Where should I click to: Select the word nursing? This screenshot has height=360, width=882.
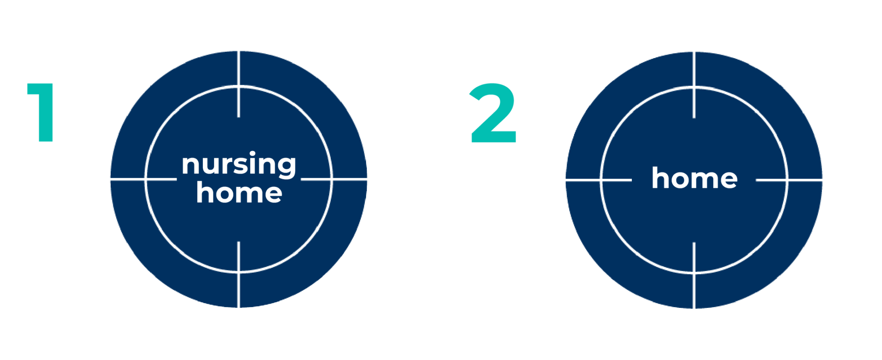239,164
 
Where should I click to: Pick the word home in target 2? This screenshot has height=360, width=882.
694,178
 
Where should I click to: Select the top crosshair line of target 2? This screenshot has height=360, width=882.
694,68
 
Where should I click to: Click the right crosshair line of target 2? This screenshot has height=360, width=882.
806,180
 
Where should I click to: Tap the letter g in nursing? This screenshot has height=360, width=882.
286,167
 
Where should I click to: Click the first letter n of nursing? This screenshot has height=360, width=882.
190,164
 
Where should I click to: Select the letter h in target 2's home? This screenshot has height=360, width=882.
660,178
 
